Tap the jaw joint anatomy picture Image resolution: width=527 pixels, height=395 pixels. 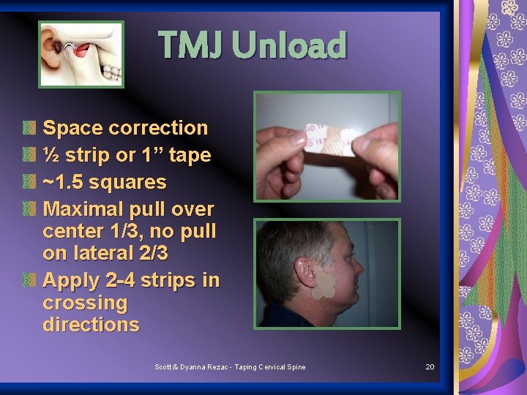(x=81, y=53)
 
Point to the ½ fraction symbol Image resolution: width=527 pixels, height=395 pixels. (x=51, y=155)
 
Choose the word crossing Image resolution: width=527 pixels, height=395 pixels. (x=85, y=303)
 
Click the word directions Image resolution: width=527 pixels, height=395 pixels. (x=91, y=325)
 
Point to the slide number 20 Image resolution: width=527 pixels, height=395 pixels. (x=430, y=366)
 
